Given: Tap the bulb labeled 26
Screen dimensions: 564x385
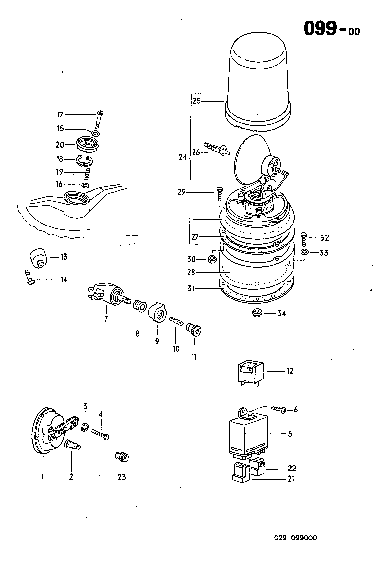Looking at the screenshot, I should tap(218, 148).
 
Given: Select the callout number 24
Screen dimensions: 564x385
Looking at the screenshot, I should tap(183, 157).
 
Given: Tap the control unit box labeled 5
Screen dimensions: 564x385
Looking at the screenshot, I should tap(246, 434).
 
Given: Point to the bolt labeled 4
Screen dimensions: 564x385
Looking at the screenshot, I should tap(100, 435).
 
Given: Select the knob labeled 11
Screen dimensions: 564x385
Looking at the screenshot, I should tap(192, 330).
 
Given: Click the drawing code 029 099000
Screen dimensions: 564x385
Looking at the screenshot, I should tap(296, 538).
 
